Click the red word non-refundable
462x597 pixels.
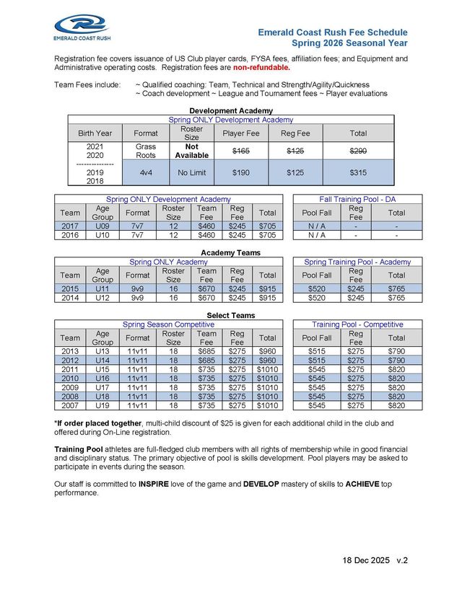pyautogui.click(x=261, y=68)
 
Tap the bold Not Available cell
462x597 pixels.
pyautogui.click(x=191, y=151)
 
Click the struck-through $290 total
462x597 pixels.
pyautogui.click(x=357, y=150)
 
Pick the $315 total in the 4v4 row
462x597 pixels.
pyautogui.click(x=357, y=173)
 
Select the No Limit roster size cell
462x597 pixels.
pyautogui.click(x=191, y=173)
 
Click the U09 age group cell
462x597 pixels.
pyautogui.click(x=103, y=225)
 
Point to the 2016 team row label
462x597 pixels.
pyautogui.click(x=70, y=234)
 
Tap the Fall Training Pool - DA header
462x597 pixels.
pyautogui.click(x=357, y=198)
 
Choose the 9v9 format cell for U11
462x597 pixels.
pyautogui.click(x=137, y=288)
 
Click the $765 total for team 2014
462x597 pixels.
pyautogui.click(x=396, y=298)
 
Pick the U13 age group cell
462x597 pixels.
pyautogui.click(x=103, y=351)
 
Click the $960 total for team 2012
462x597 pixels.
pyautogui.click(x=268, y=361)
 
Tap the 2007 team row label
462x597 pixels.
pyautogui.click(x=70, y=406)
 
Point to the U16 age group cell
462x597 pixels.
pyautogui.click(x=103, y=379)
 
